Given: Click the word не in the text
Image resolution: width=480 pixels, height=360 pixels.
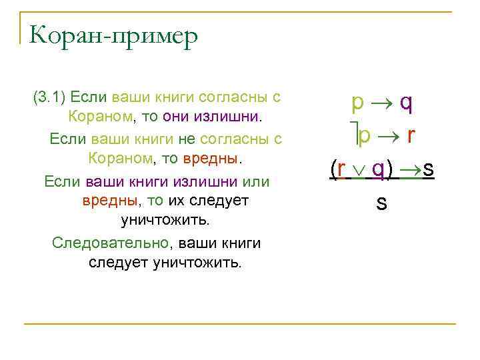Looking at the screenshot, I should pos(185,139).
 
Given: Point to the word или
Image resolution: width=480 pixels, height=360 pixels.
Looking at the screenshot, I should pos(255,181).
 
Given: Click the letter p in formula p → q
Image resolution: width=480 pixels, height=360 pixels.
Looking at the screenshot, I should pos(358,103).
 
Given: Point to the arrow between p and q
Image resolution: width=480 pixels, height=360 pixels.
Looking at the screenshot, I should pos(382,103).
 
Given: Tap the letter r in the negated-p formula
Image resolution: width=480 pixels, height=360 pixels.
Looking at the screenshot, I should pos(411,136).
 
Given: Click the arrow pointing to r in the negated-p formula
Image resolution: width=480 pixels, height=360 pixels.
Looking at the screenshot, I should pos(388,136).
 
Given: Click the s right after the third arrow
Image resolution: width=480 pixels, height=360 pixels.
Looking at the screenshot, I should pos(428,169).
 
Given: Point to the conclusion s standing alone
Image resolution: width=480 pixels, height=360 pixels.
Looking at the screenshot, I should pos(381,203).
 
